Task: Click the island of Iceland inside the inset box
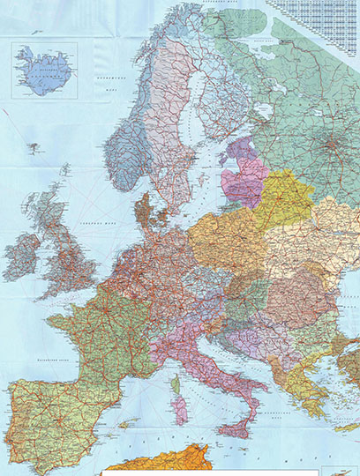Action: (42, 71)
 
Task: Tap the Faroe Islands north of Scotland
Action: (64, 167)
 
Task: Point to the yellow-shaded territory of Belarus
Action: (282, 201)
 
